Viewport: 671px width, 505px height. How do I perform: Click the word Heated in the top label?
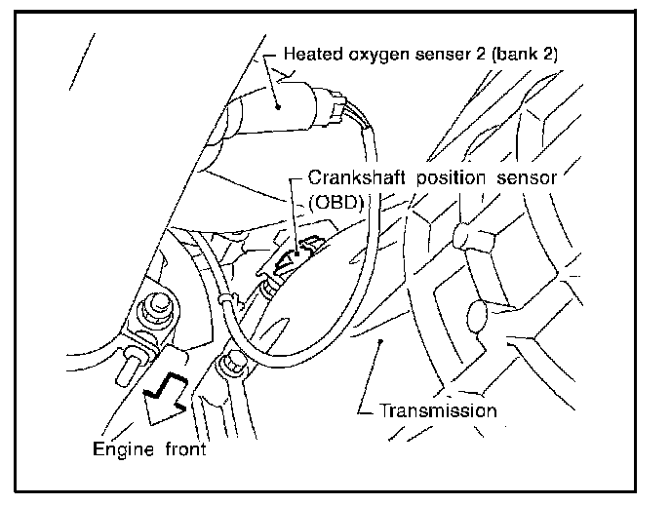308,55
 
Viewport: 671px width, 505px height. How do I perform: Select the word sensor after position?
528,178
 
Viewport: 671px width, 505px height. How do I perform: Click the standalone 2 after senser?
469,55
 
